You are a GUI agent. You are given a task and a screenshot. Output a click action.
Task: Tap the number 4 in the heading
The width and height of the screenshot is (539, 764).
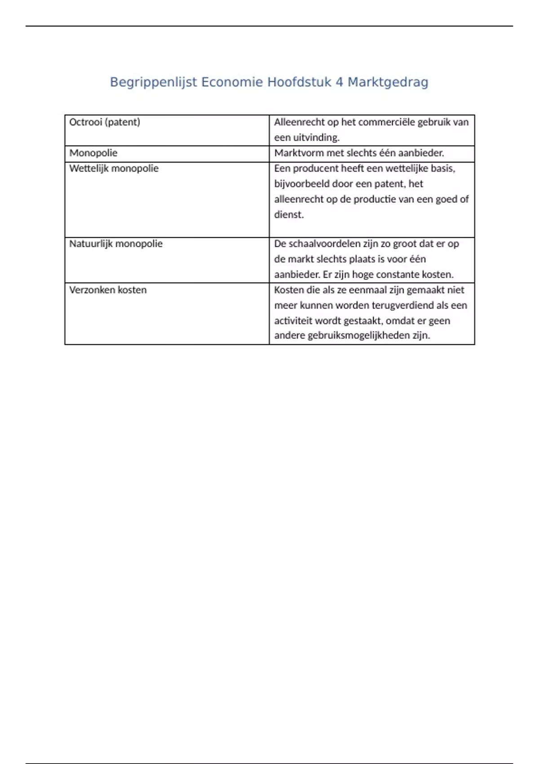[x=339, y=82]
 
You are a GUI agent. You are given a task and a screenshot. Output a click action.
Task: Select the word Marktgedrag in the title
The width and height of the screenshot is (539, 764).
[x=388, y=82]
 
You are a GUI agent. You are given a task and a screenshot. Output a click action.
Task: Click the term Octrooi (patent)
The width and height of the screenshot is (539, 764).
[x=105, y=122]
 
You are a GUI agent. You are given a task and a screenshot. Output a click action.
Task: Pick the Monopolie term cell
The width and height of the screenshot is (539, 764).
[x=93, y=153]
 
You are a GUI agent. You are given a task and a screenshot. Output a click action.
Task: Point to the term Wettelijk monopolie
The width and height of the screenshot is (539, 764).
[x=114, y=169]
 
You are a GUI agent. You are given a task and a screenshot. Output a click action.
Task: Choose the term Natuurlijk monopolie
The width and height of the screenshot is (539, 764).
[x=116, y=244]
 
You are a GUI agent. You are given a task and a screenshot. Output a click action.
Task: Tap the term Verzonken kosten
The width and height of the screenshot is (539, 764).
[x=108, y=290]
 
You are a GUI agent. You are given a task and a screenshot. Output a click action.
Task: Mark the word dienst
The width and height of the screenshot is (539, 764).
[x=289, y=215]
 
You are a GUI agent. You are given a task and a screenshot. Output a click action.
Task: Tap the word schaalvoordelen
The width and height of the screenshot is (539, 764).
[x=323, y=244]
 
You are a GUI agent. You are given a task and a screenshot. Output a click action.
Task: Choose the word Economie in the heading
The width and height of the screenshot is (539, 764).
[x=232, y=82]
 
